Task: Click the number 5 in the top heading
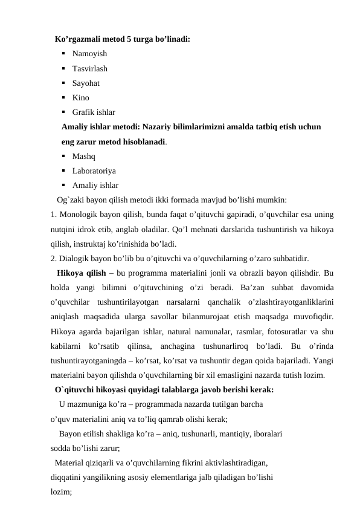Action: click(x=129, y=40)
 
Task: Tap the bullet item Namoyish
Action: click(x=89, y=54)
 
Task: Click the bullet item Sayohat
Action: click(x=86, y=83)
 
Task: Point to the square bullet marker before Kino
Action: click(x=63, y=97)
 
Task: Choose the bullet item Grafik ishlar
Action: click(x=94, y=112)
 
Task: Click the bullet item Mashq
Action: click(x=83, y=156)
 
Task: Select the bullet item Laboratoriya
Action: click(x=94, y=170)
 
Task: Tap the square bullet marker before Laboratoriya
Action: click(x=63, y=170)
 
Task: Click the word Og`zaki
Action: click(x=71, y=199)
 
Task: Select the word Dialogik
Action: click(x=75, y=258)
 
